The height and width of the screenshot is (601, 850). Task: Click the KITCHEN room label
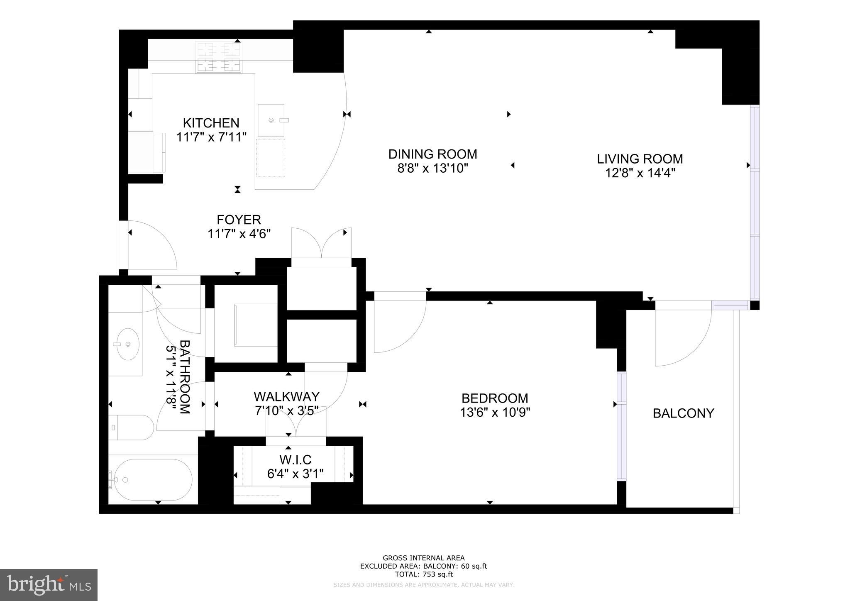[x=211, y=123]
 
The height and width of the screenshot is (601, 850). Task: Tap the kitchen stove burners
[x=219, y=58]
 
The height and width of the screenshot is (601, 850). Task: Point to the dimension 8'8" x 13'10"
[x=432, y=169]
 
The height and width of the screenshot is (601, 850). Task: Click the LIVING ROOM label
[x=640, y=159]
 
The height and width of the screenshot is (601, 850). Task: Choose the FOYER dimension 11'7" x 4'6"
[x=239, y=234]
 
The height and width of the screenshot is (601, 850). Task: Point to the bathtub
[x=153, y=479]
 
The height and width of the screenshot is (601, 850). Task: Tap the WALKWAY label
[x=286, y=396]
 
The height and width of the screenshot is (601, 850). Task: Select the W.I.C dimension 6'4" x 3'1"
[x=295, y=474]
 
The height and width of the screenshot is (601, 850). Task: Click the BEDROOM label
[x=494, y=398]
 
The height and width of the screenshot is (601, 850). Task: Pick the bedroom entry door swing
[x=399, y=326]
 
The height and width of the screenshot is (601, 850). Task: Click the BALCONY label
[x=683, y=413]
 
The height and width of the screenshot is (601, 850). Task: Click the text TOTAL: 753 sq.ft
[x=423, y=574]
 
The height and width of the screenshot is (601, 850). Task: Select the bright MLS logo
[x=49, y=585]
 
